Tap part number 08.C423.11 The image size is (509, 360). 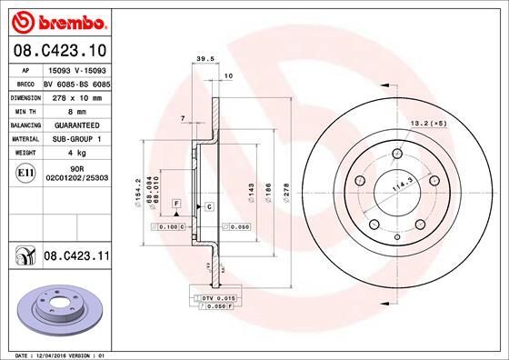75,257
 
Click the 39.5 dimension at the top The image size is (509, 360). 205,61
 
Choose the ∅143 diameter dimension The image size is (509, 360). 250,194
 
